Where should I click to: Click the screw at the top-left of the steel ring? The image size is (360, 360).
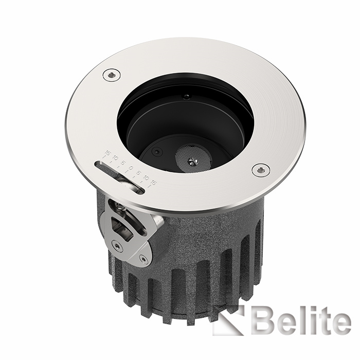[x=111, y=76]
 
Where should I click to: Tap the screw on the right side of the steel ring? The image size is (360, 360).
[x=261, y=170]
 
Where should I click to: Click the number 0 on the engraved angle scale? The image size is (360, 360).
[x=131, y=168]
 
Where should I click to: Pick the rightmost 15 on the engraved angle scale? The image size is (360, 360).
[x=153, y=183]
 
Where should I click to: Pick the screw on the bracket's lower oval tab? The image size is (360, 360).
[x=143, y=259]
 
